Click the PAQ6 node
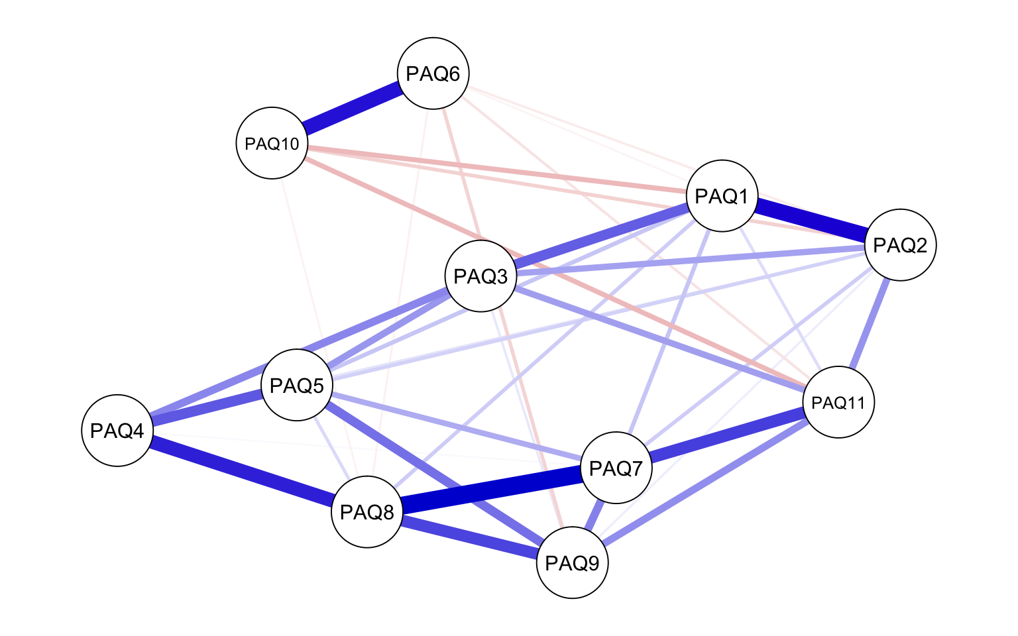[x=433, y=74]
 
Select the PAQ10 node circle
[x=272, y=144]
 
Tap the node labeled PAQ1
[x=722, y=196]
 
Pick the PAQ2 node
[x=899, y=245]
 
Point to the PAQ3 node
[x=481, y=276]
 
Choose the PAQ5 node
[x=297, y=385]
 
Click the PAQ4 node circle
[x=117, y=431]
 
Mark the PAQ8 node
[x=367, y=511]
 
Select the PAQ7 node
[x=616, y=468]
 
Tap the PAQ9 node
[x=572, y=563]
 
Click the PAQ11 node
[x=838, y=402]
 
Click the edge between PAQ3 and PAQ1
[x=601, y=237]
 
